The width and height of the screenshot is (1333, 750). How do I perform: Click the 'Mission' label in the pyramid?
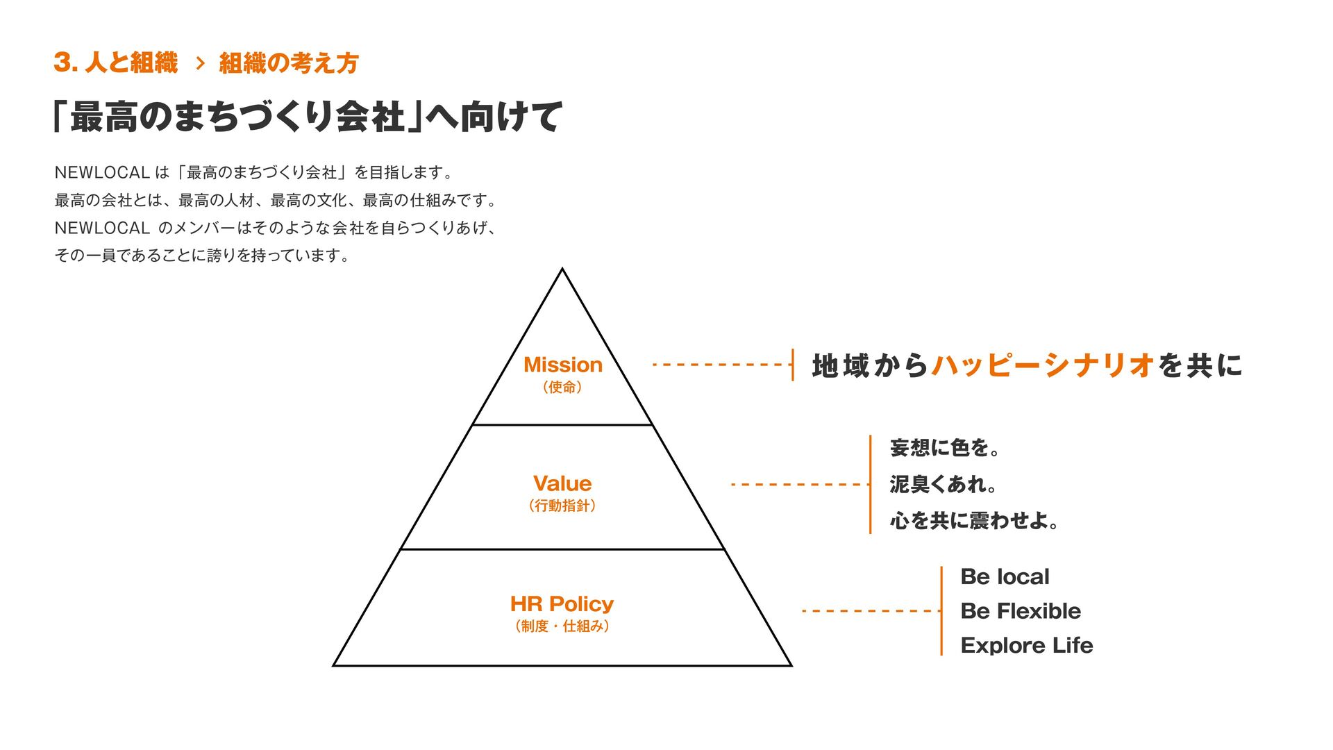[562, 365]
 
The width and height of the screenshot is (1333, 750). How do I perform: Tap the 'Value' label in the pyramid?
[562, 483]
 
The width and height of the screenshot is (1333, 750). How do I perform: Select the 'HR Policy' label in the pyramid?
[562, 603]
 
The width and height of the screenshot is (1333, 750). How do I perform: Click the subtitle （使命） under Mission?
[562, 387]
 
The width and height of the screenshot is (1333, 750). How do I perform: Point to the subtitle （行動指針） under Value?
[562, 506]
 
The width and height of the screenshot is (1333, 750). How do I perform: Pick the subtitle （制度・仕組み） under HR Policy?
[562, 626]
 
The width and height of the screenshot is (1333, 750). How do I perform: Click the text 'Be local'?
[1005, 576]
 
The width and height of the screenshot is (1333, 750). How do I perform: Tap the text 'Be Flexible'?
[1021, 611]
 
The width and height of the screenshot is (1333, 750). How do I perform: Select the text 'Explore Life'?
[1026, 645]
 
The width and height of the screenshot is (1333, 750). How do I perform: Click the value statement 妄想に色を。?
[945, 448]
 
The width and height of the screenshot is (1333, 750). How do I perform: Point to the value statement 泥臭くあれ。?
[943, 484]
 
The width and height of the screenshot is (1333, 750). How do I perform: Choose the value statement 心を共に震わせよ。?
[974, 520]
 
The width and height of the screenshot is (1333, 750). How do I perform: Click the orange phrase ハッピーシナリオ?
[1043, 365]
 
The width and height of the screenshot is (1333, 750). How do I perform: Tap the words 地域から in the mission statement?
[870, 365]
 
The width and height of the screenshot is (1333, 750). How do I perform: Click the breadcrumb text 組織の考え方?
[289, 63]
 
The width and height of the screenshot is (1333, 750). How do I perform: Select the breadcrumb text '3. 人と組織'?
[116, 63]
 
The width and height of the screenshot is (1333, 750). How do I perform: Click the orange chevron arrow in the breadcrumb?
[201, 64]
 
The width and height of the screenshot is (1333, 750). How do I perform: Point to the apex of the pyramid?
[562, 270]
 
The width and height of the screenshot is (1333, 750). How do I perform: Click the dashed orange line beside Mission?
[719, 365]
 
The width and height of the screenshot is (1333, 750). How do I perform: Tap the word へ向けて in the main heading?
[493, 117]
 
